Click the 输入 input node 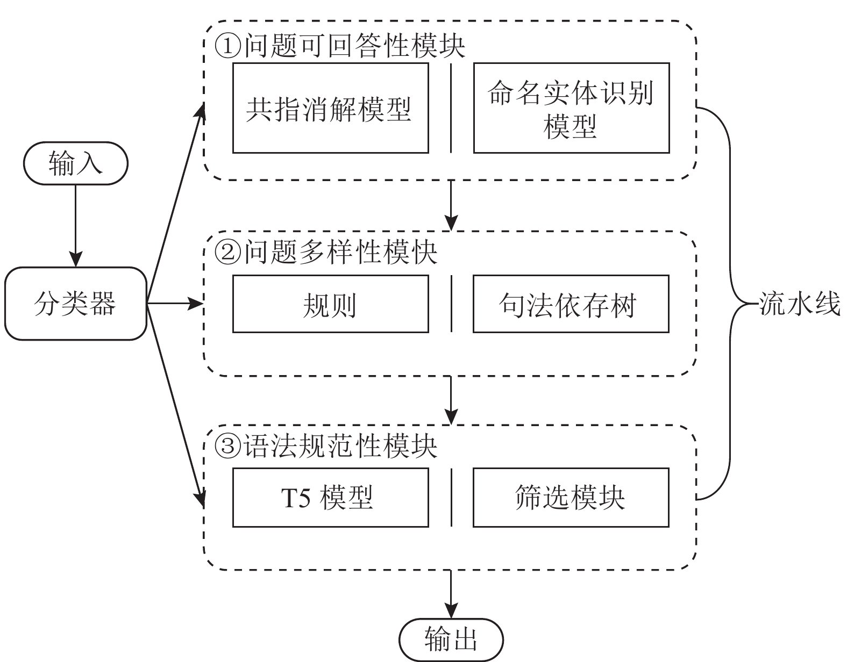[75, 163]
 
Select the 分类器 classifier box [75, 304]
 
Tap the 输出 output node [451, 640]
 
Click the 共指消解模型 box [330, 108]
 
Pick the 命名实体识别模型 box [571, 108]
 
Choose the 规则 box [330, 304]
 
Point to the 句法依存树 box [571, 304]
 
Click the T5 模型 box [330, 497]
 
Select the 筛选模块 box [571, 497]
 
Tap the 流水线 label [799, 304]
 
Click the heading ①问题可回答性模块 [340, 46]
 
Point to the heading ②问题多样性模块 [326, 251]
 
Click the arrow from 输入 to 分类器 [75, 226]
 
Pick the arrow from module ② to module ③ [451, 400]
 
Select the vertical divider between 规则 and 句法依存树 [451, 304]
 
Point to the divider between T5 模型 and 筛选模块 [451, 497]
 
